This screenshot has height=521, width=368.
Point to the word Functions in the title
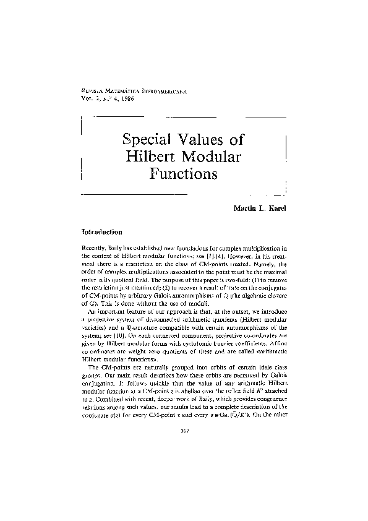coord(183,174)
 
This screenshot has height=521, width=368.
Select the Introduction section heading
coord(96,232)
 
